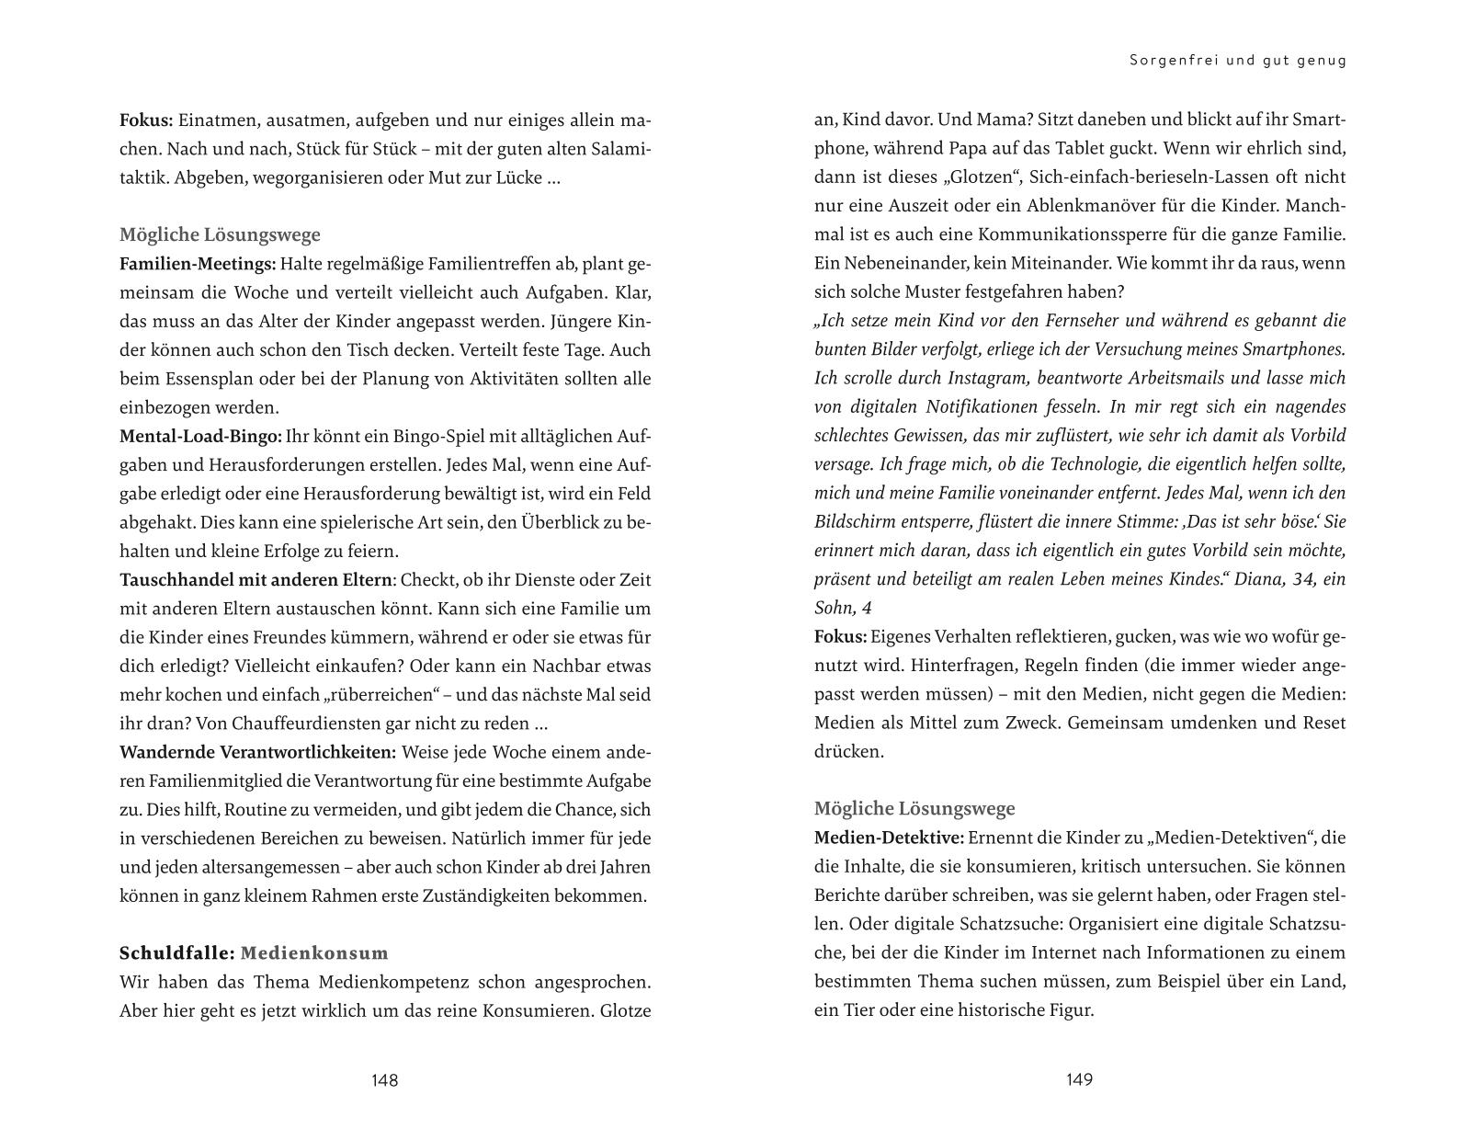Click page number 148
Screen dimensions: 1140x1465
pyautogui.click(x=384, y=1080)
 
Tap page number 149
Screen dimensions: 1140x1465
pyautogui.click(x=1079, y=1080)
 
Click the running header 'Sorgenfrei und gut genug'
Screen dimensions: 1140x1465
pyautogui.click(x=1237, y=61)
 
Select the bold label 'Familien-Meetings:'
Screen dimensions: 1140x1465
pyautogui.click(x=198, y=264)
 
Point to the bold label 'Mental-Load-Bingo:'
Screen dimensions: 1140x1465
pyautogui.click(x=200, y=436)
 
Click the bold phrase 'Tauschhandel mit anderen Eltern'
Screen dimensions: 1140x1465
pyautogui.click(x=256, y=580)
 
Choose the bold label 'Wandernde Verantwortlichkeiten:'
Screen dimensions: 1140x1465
pyautogui.click(x=258, y=752)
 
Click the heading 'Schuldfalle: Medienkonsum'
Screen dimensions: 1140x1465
pyautogui.click(x=254, y=953)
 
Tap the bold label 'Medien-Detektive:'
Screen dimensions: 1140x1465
pyautogui.click(x=889, y=838)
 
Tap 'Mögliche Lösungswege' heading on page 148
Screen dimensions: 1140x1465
pyautogui.click(x=220, y=234)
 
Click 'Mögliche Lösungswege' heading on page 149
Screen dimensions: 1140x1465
pyautogui.click(x=914, y=809)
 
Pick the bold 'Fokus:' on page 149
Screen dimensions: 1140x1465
pyautogui.click(x=840, y=636)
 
